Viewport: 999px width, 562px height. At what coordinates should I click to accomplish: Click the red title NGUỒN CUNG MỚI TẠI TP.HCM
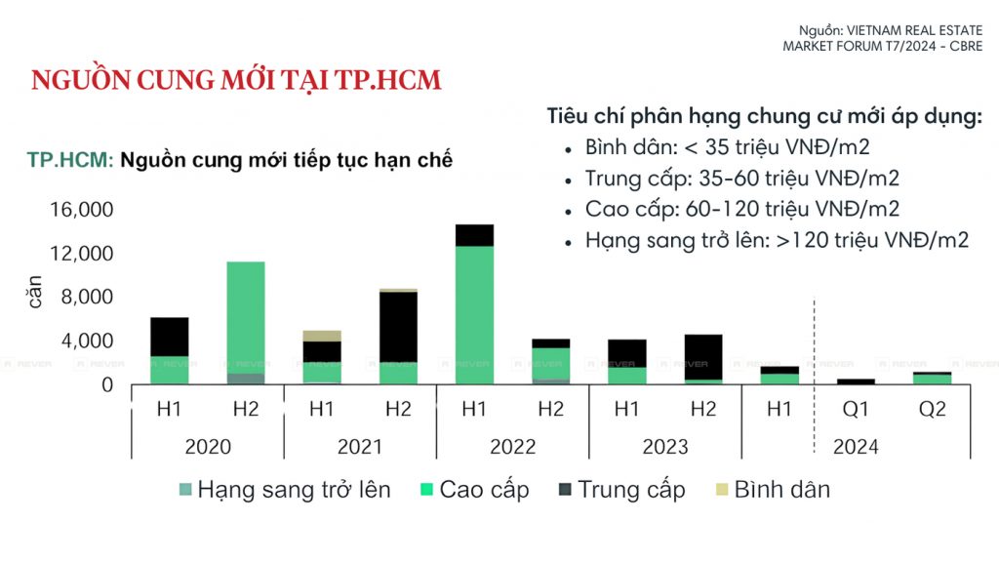pyautogui.click(x=236, y=80)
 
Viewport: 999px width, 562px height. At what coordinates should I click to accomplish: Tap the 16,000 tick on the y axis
pyautogui.click(x=81, y=210)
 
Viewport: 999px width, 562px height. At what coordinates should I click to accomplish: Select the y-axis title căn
pyautogui.click(x=35, y=292)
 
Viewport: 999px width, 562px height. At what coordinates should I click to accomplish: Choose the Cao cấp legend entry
pyautogui.click(x=475, y=489)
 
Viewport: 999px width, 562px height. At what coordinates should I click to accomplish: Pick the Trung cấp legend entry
pyautogui.click(x=621, y=489)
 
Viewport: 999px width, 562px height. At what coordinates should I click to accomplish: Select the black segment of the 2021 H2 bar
pyautogui.click(x=398, y=327)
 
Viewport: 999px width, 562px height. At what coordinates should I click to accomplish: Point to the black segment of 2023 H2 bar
pyautogui.click(x=703, y=356)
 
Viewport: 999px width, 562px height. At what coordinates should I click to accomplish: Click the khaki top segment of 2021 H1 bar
pyautogui.click(x=322, y=336)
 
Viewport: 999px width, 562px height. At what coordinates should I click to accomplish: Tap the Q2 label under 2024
pyautogui.click(x=933, y=410)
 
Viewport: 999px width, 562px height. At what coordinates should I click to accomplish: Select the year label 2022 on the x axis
pyautogui.click(x=512, y=447)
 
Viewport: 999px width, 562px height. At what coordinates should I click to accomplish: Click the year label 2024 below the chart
pyautogui.click(x=856, y=447)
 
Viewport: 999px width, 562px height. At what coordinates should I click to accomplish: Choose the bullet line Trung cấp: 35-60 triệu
pyautogui.click(x=742, y=179)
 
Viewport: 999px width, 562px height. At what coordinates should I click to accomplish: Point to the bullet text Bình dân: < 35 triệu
pyautogui.click(x=727, y=148)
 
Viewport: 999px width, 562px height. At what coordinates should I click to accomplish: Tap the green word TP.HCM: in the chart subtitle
pyautogui.click(x=71, y=161)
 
